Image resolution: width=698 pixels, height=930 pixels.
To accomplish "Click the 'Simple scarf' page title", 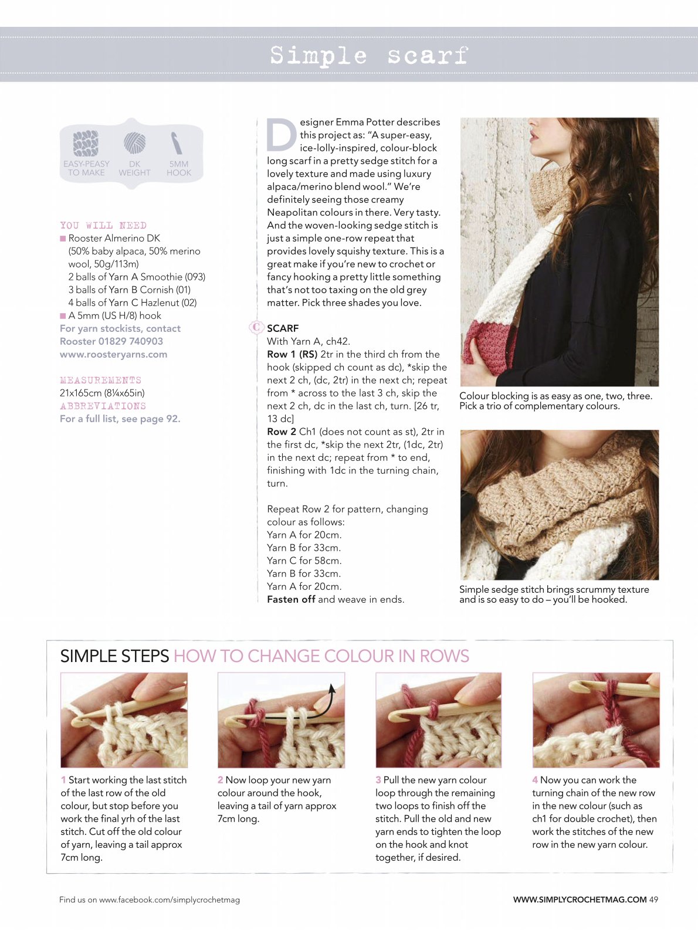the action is pos(369,56).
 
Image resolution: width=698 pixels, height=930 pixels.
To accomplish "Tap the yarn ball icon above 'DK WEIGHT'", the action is pos(135,142).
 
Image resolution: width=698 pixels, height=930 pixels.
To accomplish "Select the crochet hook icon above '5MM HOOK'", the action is pos(177,143).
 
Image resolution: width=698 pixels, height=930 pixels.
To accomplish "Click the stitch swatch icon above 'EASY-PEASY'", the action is pos(86,143).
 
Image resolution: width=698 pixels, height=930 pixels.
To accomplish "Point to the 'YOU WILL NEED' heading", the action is pos(103,225).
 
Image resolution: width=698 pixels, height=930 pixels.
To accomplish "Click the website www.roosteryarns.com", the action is pos(114,354).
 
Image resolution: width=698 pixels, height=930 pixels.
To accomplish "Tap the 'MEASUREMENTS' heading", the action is pos(100,380).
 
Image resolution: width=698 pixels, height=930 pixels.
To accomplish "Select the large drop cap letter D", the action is pos(282,135).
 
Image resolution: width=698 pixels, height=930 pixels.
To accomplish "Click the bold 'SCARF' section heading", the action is pos(283,328).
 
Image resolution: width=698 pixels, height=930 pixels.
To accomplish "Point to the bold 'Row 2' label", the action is pos(282,432).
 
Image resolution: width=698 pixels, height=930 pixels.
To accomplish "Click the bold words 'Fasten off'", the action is pos(291,599).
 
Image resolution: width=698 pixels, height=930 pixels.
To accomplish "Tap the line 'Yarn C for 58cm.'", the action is pos(304,561).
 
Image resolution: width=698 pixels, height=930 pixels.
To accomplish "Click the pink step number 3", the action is pos(378,780).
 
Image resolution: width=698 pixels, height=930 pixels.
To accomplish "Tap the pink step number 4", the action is pos(536,780).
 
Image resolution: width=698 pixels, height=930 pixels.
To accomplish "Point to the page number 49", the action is pos(653,900).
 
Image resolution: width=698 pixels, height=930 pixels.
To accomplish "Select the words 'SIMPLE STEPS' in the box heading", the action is pos(114,656).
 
